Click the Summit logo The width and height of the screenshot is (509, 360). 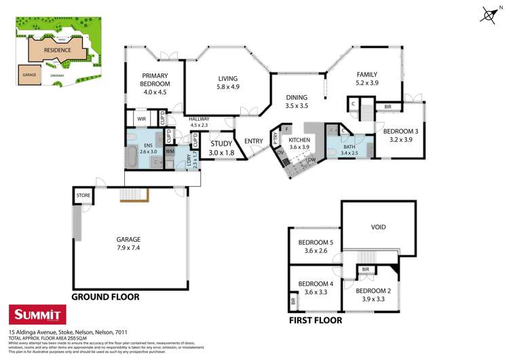(36, 314)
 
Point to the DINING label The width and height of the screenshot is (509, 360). (296, 97)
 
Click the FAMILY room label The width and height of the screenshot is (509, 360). (367, 75)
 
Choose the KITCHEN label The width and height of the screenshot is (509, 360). (299, 139)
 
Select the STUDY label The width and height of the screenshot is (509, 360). (221, 143)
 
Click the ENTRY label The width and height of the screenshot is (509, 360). (254, 141)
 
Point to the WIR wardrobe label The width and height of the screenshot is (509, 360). (141, 119)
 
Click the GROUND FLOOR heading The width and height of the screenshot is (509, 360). (105, 297)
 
